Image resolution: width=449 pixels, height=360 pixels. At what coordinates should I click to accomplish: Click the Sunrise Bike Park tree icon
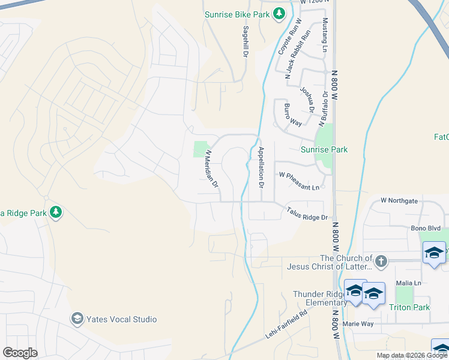[279, 13]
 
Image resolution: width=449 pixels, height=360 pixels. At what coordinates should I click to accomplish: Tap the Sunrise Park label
[324, 149]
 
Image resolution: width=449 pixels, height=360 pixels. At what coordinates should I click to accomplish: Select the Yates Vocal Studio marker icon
[77, 319]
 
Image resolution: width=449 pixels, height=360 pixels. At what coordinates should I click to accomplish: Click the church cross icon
[380, 261]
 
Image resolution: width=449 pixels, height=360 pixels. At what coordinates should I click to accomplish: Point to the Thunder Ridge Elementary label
[320, 298]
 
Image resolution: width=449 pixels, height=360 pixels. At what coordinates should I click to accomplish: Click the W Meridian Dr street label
[211, 169]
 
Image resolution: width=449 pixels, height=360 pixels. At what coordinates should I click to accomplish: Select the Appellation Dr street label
[261, 167]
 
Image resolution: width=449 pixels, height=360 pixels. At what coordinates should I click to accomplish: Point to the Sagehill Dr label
[246, 41]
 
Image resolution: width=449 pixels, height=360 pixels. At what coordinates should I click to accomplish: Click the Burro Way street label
[292, 115]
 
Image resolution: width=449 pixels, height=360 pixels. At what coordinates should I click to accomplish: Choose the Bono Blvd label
[426, 229]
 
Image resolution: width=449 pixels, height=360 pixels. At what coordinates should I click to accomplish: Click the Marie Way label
[358, 324]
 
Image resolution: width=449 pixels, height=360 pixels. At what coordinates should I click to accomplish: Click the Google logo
[20, 353]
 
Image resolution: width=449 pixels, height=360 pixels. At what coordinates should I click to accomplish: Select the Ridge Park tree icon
[56, 212]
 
